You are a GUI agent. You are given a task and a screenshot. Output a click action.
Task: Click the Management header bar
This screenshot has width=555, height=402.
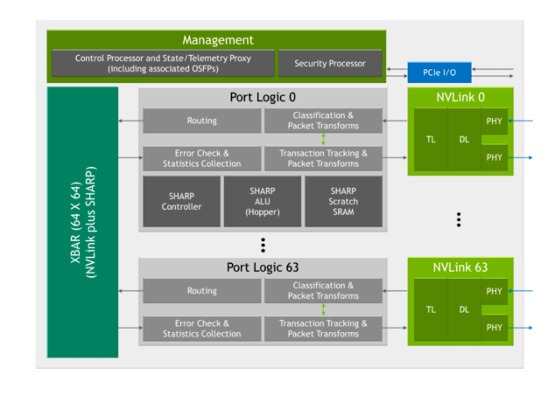point(217,40)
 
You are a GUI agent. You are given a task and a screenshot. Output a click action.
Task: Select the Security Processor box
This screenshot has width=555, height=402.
point(329,64)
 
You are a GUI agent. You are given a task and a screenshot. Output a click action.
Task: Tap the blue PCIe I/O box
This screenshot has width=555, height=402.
point(439,70)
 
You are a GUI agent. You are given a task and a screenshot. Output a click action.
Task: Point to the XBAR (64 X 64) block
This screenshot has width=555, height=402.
point(82,221)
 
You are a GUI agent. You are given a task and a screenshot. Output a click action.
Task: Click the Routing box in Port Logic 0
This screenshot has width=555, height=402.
point(201,121)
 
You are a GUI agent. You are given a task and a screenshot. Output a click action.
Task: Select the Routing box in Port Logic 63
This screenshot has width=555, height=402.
point(201,291)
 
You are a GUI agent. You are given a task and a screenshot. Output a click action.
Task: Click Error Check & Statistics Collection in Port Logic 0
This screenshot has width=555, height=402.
point(201,158)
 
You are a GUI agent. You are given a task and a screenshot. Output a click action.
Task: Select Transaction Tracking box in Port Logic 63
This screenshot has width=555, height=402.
point(323,329)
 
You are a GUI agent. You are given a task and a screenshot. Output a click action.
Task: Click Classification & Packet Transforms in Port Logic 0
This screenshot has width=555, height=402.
point(323,121)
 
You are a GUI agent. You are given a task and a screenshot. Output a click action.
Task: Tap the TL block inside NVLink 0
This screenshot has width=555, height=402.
point(431,139)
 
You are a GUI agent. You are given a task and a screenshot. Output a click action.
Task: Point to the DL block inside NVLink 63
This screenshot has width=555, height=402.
point(464,309)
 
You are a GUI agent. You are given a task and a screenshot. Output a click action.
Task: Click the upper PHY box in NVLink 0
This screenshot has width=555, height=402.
point(495,121)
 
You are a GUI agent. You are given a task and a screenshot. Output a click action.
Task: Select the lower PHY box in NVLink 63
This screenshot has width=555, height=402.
point(495,328)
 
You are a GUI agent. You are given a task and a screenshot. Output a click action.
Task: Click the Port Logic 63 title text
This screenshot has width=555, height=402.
point(263,267)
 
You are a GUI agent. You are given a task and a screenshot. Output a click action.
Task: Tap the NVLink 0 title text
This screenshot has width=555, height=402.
point(460,96)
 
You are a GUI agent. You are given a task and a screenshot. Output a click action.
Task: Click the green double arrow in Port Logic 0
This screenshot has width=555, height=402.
point(323,140)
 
